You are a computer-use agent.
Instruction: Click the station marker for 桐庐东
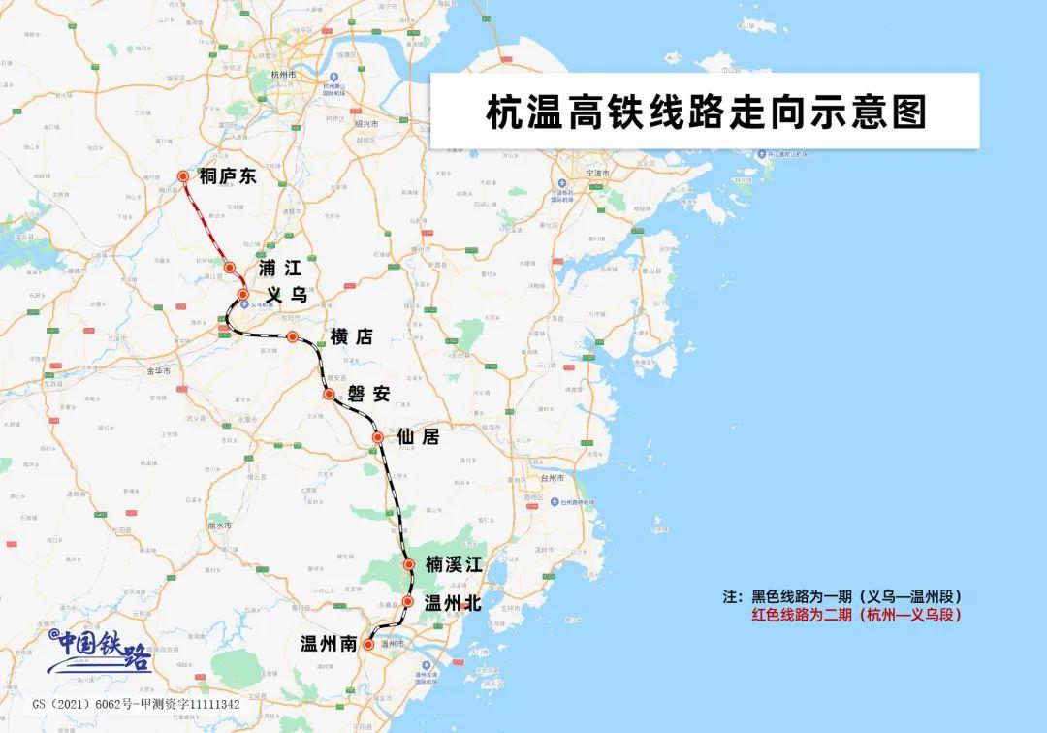point(183,176)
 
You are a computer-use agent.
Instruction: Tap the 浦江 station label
point(280,269)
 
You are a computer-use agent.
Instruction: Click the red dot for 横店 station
point(293,336)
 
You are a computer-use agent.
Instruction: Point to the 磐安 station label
point(369,395)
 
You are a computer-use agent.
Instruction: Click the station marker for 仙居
point(378,438)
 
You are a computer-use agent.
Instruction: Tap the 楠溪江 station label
point(453,564)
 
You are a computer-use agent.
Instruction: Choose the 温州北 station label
point(453,603)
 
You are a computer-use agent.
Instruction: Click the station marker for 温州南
point(369,644)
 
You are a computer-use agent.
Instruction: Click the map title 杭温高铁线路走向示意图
point(705,112)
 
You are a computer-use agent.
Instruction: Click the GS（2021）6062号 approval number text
point(136,704)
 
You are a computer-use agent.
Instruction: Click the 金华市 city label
point(158,371)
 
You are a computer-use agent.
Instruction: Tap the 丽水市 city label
point(220,526)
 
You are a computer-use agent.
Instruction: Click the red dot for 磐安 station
point(330,395)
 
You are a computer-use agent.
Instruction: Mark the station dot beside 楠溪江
point(409,563)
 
